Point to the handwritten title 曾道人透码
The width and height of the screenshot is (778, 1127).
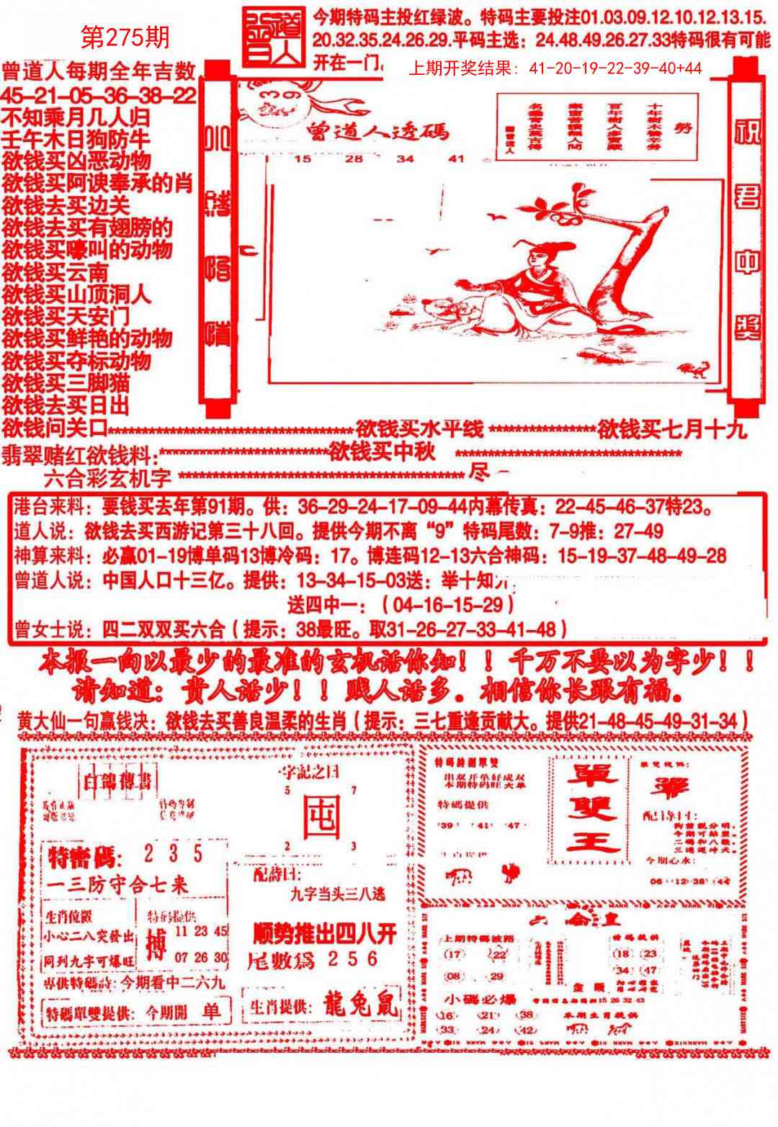377,131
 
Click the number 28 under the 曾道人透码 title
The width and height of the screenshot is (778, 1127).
354,159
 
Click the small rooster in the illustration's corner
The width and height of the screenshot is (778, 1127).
695,369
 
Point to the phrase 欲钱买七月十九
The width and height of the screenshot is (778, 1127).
672,430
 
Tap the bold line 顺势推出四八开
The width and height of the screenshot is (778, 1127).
325,934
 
